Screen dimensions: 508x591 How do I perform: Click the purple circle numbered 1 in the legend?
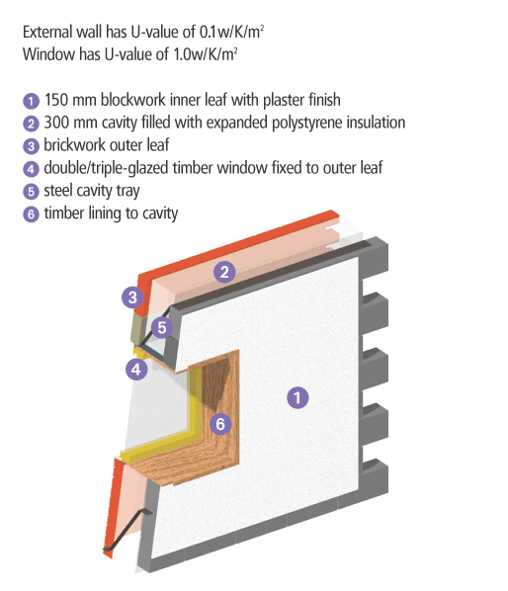pos(31,101)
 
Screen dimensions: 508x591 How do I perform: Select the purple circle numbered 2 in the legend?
pos(31,124)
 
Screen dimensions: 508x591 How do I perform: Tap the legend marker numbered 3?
pos(31,146)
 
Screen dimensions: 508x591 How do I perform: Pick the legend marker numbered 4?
pos(31,169)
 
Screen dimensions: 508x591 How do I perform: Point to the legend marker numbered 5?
pos(31,192)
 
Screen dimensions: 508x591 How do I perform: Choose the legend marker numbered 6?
pos(31,214)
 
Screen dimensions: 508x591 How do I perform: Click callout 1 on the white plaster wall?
pos(297,397)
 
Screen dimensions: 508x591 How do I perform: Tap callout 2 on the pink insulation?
pos(224,272)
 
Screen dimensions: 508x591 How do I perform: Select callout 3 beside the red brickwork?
pos(132,297)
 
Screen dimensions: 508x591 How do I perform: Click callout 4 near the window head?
pos(136,369)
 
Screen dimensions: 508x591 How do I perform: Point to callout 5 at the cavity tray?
pos(162,327)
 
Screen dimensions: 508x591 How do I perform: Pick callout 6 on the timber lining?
pos(220,424)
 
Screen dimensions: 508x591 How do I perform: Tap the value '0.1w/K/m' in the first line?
pos(231,32)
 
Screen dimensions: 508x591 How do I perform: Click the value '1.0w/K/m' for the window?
pos(205,54)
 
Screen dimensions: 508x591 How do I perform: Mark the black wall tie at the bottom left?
pos(127,531)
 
